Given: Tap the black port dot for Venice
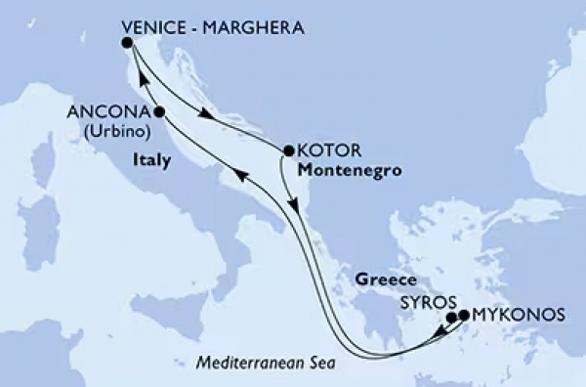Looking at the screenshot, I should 127,43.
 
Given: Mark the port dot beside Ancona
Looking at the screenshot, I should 158,112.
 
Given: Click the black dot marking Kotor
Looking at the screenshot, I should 288,151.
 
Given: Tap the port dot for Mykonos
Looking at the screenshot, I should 464,316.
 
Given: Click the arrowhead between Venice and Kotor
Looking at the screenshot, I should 206,115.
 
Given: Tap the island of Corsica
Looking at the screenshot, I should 43,162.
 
